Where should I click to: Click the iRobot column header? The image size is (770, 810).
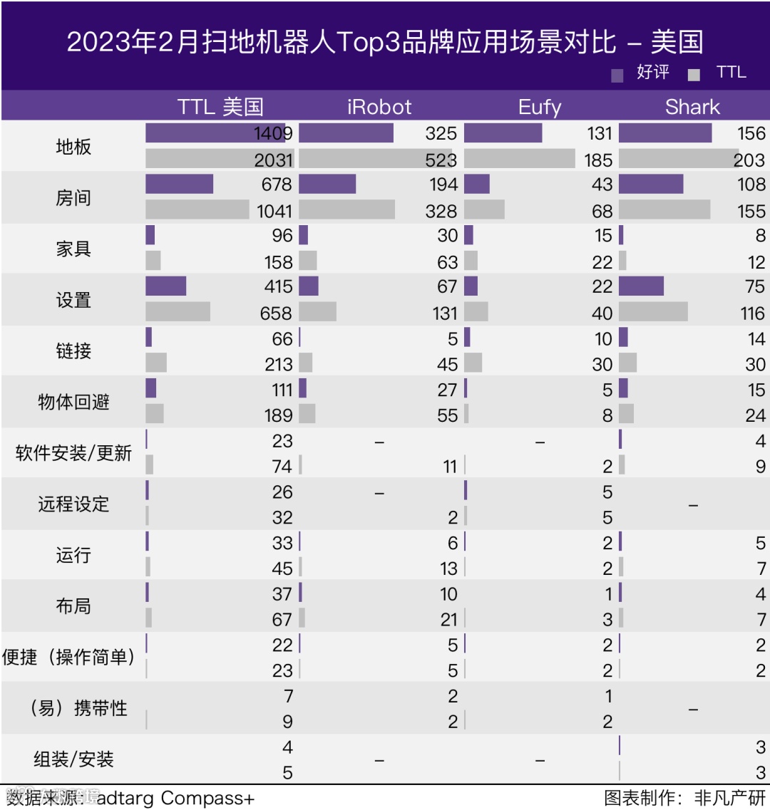(379, 107)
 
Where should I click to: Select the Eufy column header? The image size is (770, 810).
(540, 107)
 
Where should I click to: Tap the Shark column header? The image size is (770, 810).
(692, 107)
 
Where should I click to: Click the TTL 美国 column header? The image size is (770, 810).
(220, 107)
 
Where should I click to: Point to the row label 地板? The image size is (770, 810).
(73, 147)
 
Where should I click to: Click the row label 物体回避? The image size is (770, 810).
(73, 402)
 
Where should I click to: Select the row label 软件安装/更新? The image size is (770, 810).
(73, 453)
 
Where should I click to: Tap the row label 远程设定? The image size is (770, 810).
(73, 504)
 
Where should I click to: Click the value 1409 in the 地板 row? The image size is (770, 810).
(273, 133)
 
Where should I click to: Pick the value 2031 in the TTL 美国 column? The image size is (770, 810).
(274, 160)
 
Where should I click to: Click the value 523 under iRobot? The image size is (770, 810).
(441, 160)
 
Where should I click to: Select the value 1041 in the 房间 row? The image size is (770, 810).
(274, 211)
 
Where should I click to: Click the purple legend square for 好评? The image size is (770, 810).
(617, 75)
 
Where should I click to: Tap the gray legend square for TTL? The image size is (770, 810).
(694, 75)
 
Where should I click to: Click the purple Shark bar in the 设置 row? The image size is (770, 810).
(641, 286)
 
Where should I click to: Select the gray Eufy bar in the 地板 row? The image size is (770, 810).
(519, 159)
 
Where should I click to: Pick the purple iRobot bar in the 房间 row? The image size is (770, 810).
(327, 184)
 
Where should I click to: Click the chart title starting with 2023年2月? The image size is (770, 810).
(385, 42)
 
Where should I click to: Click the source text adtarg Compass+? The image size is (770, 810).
(175, 798)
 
